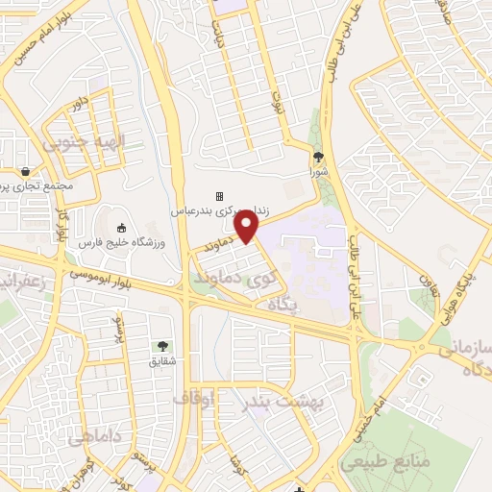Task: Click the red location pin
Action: click(x=248, y=226)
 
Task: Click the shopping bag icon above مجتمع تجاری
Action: click(x=24, y=171)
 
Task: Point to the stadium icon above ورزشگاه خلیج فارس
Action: click(x=122, y=228)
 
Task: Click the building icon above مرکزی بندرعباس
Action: click(x=219, y=196)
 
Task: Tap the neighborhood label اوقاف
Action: click(x=195, y=396)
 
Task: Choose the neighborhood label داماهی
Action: click(x=92, y=438)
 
